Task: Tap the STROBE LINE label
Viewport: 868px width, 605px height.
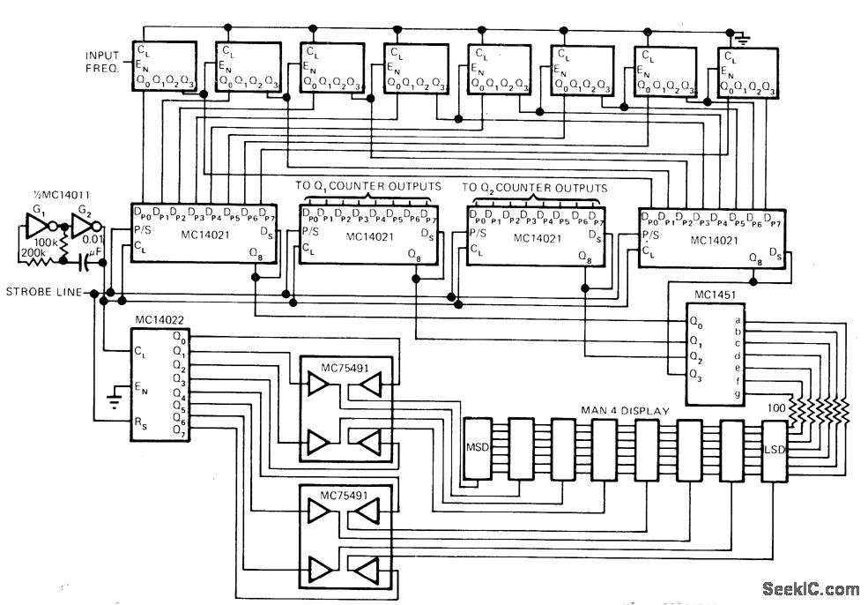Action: (x=44, y=292)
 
